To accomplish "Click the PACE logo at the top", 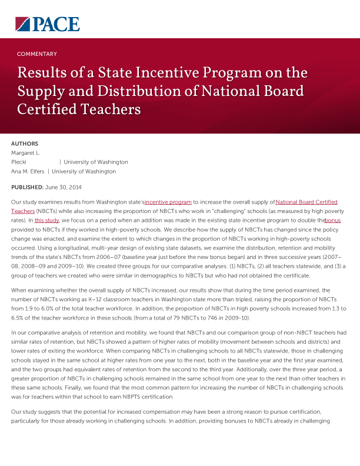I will (48, 24).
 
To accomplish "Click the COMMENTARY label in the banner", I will (37, 54).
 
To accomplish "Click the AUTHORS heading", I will (25, 144).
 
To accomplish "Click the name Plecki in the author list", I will (19, 162).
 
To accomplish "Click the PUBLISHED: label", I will (27, 187).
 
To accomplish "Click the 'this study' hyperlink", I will (48, 220).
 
